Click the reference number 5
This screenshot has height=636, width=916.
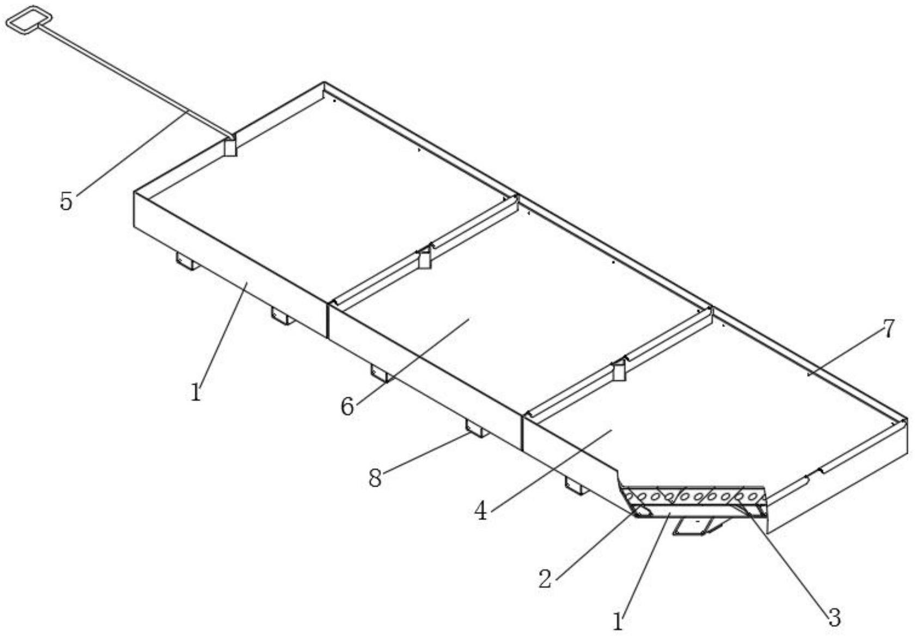point(66,201)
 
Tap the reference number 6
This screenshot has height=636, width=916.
point(347,406)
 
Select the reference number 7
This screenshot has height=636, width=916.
point(888,329)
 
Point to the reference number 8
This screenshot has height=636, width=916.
point(375,478)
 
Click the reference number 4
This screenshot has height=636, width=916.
point(480,511)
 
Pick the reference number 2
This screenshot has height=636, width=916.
point(545,578)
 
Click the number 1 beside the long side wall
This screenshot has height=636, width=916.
point(196,392)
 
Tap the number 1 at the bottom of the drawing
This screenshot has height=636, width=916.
point(618,622)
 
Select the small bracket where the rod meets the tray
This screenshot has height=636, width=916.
point(231,146)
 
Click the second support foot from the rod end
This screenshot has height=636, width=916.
point(282,316)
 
